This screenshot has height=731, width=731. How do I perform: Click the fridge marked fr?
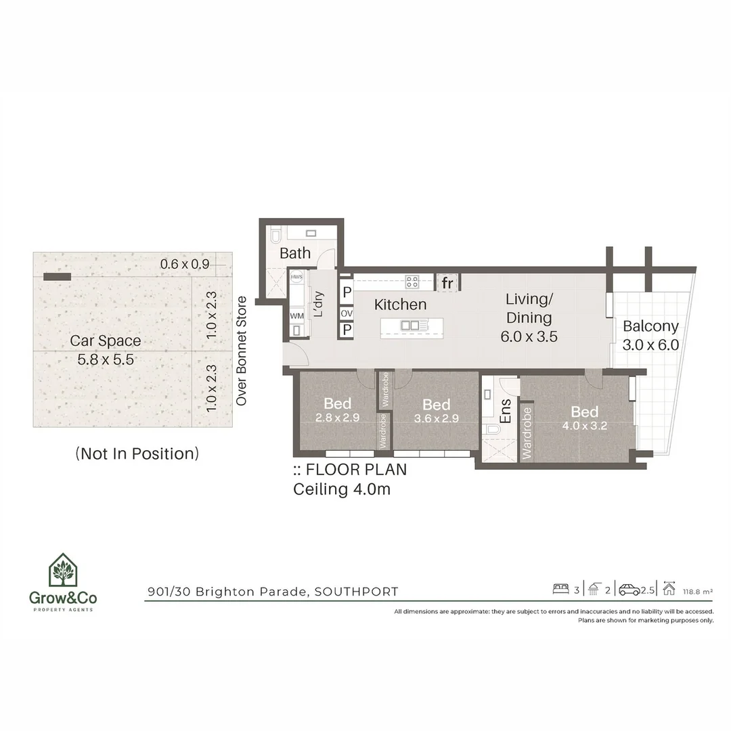pyautogui.click(x=447, y=282)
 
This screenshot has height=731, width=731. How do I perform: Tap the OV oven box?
pyautogui.click(x=347, y=313)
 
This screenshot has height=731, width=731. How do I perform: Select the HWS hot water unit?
pyautogui.click(x=296, y=277)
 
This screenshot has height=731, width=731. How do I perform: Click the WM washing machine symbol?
pyautogui.click(x=297, y=315)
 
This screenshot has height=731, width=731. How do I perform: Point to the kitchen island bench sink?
pyautogui.click(x=410, y=326)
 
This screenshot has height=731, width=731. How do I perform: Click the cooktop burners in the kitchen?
pyautogui.click(x=412, y=281)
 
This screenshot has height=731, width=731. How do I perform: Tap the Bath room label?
pyautogui.click(x=295, y=253)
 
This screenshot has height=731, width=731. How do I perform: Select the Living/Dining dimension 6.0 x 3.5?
pyautogui.click(x=529, y=336)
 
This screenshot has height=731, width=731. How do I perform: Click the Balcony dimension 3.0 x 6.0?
pyautogui.click(x=650, y=345)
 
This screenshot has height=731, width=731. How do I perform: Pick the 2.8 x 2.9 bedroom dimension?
pyautogui.click(x=337, y=418)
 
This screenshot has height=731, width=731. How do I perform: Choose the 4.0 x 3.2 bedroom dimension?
pyautogui.click(x=584, y=426)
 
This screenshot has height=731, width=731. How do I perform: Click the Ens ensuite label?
pyautogui.click(x=506, y=412)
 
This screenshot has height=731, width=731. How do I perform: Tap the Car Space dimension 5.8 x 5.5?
pyautogui.click(x=106, y=359)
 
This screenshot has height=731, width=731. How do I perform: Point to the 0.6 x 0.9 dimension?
pyautogui.click(x=185, y=264)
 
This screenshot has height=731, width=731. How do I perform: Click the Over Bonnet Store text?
pyautogui.click(x=241, y=351)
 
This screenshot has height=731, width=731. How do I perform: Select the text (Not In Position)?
pyautogui.click(x=137, y=453)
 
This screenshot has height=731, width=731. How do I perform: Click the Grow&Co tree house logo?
pyautogui.click(x=63, y=570)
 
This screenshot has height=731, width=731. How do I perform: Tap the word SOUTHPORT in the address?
pyautogui.click(x=357, y=592)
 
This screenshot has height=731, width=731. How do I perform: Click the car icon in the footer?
pyautogui.click(x=629, y=590)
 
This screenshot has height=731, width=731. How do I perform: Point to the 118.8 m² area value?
pyautogui.click(x=698, y=592)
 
